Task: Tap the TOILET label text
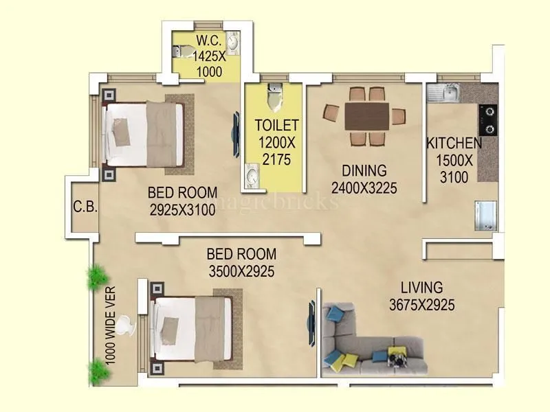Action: coord(277,125)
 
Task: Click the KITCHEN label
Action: coord(454,144)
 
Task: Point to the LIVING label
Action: coord(421,288)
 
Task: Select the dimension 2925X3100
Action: coord(182,210)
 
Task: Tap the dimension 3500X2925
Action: coord(241,271)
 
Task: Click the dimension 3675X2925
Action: coord(421,306)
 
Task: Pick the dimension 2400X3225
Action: coord(364,187)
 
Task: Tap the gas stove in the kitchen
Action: coord(488,119)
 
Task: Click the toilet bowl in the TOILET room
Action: coord(274,98)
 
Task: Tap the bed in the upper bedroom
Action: coord(144,135)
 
